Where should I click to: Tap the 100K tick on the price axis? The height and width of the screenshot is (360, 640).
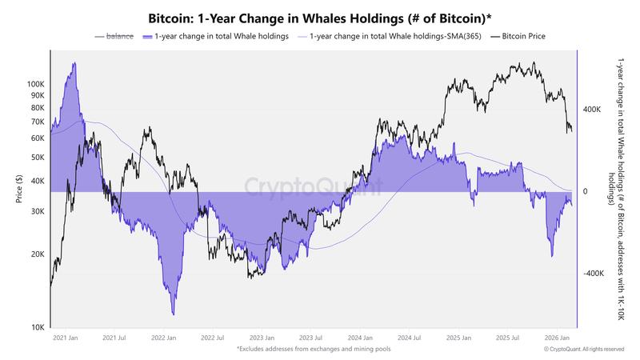pos(36,84)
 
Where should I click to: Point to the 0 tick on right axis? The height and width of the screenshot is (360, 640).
pos(585,192)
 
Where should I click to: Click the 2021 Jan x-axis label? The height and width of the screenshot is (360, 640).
pos(66,338)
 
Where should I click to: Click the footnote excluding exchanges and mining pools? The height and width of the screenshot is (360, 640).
pos(320,350)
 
